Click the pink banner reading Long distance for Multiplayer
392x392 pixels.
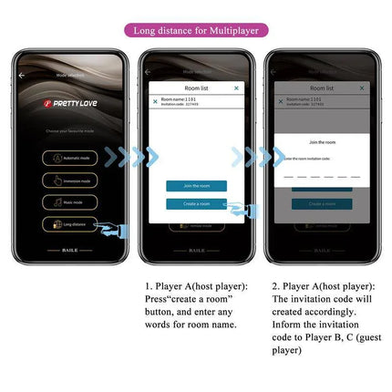pyautogui.click(x=196, y=29)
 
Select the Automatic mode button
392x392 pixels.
pyautogui.click(x=70, y=158)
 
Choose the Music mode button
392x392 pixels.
pyautogui.click(x=70, y=202)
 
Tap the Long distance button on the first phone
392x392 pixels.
pyautogui.click(x=70, y=223)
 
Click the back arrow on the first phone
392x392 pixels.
pyautogui.click(x=22, y=76)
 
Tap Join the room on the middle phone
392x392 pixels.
pyautogui.click(x=196, y=186)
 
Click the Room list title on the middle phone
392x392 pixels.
pyautogui.click(x=196, y=88)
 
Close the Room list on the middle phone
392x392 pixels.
pyautogui.click(x=236, y=88)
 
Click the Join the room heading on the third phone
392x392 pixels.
pyautogui.click(x=322, y=142)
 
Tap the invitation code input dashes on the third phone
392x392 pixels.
pyautogui.click(x=321, y=173)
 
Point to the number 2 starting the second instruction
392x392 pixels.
pyautogui.click(x=274, y=286)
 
